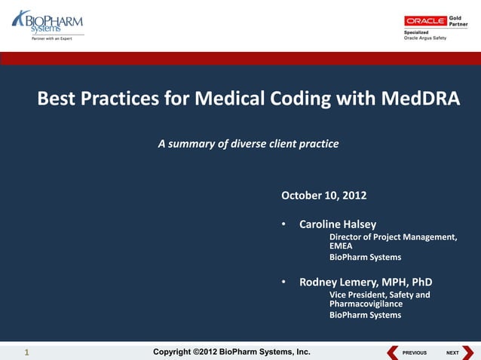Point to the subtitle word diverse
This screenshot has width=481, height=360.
coord(244,143)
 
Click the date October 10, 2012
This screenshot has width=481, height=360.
coord(323,195)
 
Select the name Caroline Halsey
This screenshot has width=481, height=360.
coord(338,224)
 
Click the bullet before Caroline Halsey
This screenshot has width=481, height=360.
coord(283,224)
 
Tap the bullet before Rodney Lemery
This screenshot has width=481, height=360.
coord(283,282)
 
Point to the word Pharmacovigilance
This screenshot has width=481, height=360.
coord(366,304)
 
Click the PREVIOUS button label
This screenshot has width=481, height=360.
coord(415,352)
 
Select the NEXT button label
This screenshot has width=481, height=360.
coord(452,352)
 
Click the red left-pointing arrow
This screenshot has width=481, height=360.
coord(392,352)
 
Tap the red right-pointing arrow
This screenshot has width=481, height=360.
coord(468,352)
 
